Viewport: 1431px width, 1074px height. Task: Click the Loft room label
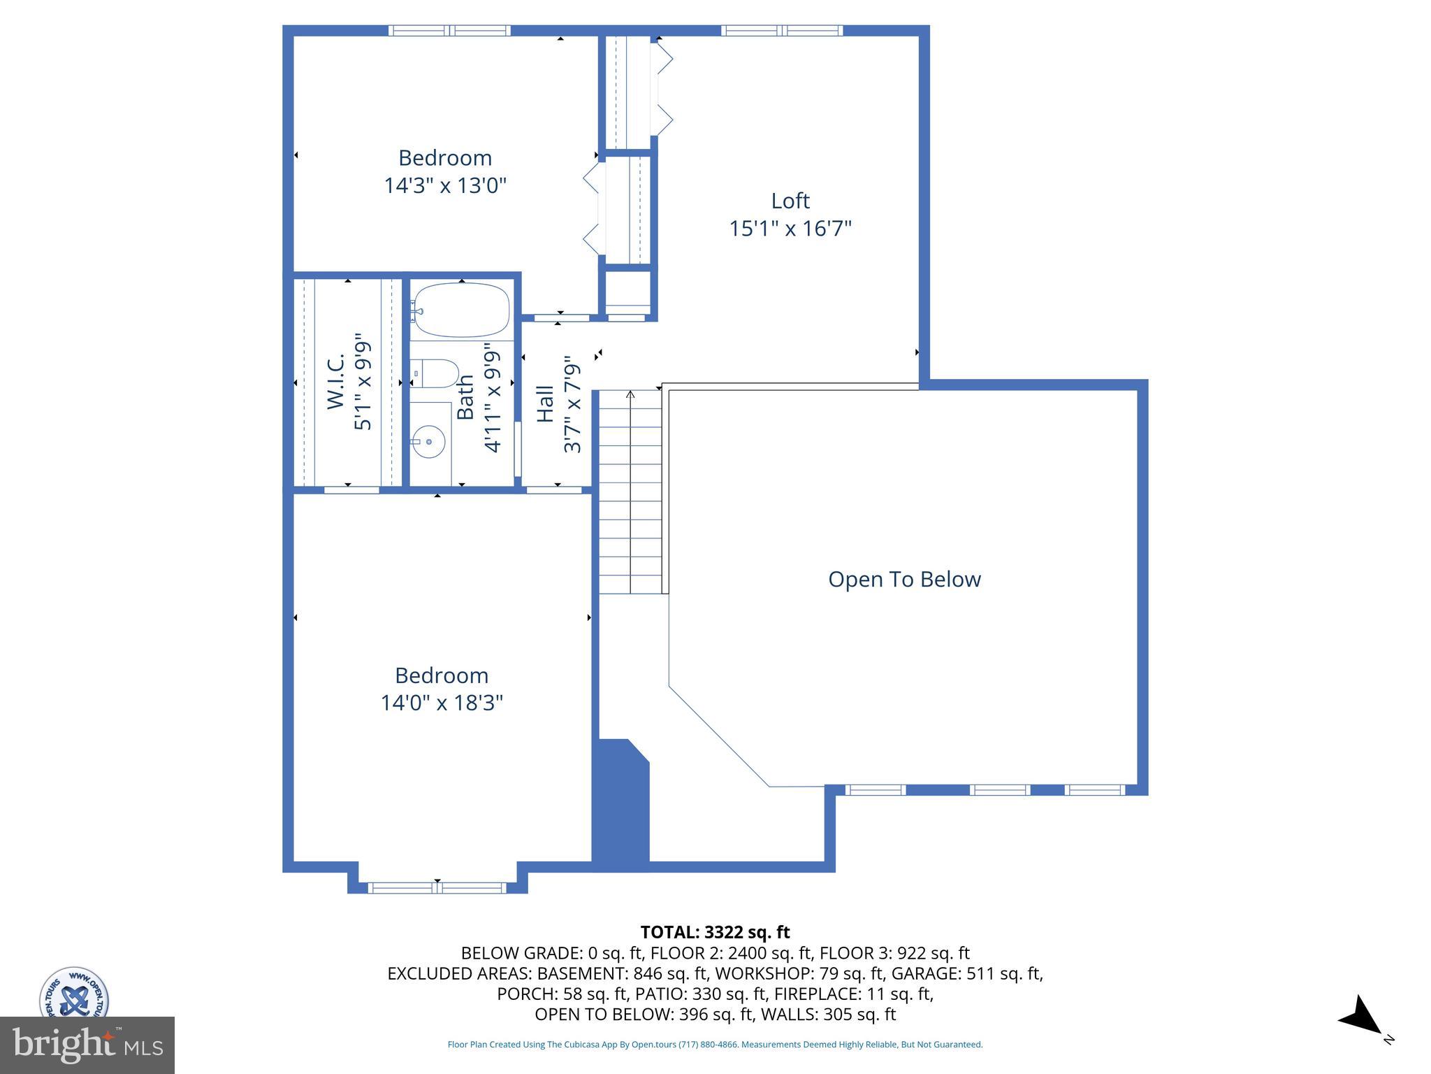click(790, 201)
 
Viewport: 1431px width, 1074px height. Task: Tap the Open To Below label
click(905, 579)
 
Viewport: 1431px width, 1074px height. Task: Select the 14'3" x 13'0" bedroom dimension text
click(445, 185)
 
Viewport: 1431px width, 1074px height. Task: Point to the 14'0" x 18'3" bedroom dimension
click(442, 702)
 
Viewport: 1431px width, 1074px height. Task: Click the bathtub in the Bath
click(462, 310)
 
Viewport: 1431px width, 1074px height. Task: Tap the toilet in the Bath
click(434, 373)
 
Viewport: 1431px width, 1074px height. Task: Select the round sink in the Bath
click(428, 441)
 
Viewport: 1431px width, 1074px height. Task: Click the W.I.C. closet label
click(336, 381)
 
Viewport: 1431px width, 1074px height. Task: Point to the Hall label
click(545, 403)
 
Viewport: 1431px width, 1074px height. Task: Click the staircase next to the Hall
click(630, 492)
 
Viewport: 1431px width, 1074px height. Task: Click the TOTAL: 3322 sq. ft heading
click(715, 932)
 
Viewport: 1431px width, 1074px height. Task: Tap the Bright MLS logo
click(87, 1045)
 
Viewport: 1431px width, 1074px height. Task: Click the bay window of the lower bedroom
click(437, 888)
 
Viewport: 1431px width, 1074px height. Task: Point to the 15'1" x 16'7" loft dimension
click(790, 229)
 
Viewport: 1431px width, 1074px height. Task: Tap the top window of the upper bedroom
click(449, 31)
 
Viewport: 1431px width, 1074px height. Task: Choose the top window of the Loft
click(782, 31)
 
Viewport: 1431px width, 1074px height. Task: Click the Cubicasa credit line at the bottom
click(715, 1045)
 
